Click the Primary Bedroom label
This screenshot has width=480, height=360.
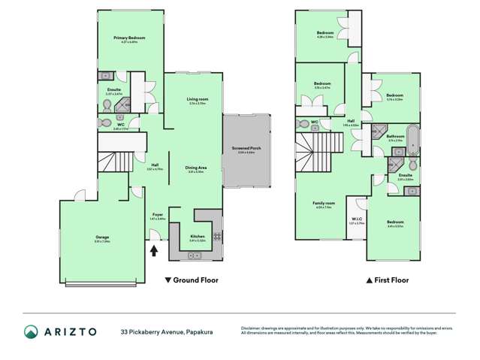click(129, 38)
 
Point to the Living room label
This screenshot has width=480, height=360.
click(198, 99)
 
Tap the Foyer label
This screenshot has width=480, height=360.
click(158, 214)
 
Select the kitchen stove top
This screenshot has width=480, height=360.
click(217, 237)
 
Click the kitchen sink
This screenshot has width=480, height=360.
click(194, 256)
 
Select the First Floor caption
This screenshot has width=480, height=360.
click(387, 280)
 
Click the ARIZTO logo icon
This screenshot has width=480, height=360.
click(31, 331)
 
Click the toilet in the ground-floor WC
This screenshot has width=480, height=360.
click(104, 120)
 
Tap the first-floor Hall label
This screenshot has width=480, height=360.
click(350, 121)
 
